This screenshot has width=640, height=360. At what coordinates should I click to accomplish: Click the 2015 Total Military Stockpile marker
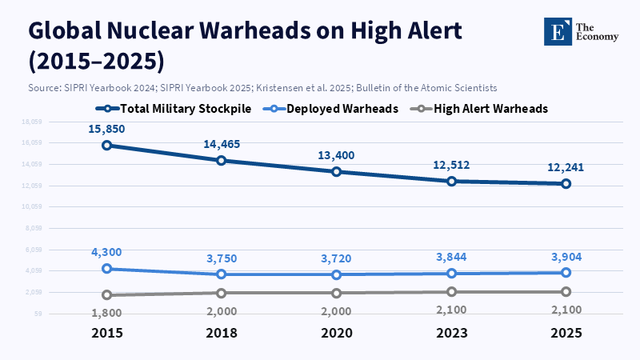tap(107, 146)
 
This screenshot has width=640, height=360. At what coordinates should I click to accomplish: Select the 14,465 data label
tap(222, 144)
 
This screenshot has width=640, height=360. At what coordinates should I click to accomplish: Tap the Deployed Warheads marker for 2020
tap(337, 274)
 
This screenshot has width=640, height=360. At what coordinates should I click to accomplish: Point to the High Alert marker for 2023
tap(451, 292)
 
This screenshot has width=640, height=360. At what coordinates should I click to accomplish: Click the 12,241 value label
tap(566, 167)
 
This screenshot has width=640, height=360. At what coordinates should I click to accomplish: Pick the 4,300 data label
tap(107, 252)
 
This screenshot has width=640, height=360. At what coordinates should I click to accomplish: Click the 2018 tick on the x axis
tap(222, 332)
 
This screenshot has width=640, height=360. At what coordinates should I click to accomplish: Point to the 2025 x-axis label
tap(566, 332)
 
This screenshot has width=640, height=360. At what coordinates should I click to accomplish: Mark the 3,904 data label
tap(566, 256)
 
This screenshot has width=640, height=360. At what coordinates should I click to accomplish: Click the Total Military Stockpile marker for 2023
tap(451, 182)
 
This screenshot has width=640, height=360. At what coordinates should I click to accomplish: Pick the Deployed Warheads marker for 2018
tap(222, 274)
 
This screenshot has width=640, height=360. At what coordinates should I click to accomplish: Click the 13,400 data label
tap(337, 155)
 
